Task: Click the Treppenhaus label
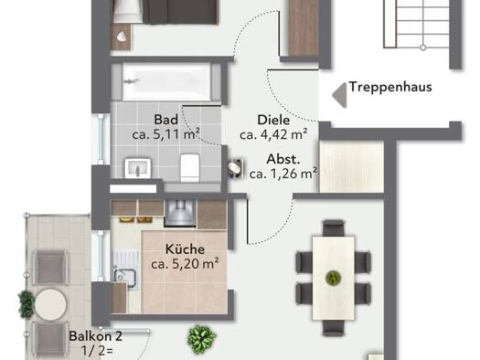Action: [390, 87]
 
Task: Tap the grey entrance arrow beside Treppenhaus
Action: [340, 95]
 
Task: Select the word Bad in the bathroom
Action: [165, 120]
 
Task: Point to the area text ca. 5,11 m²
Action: [165, 134]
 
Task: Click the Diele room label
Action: [273, 120]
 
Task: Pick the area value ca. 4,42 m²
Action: [273, 134]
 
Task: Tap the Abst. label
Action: [283, 159]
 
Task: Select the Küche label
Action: [185, 249]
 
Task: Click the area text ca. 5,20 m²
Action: [185, 264]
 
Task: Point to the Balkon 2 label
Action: [96, 336]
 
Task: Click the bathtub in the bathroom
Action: [166, 82]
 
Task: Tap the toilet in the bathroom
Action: [190, 167]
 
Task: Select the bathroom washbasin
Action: [138, 167]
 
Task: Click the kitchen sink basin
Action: [125, 278]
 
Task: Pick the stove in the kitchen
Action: [180, 213]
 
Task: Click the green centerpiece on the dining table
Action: [334, 278]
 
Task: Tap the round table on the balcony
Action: [50, 304]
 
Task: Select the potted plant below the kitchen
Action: [201, 339]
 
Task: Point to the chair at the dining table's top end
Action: [334, 228]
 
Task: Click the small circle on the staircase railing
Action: [422, 48]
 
